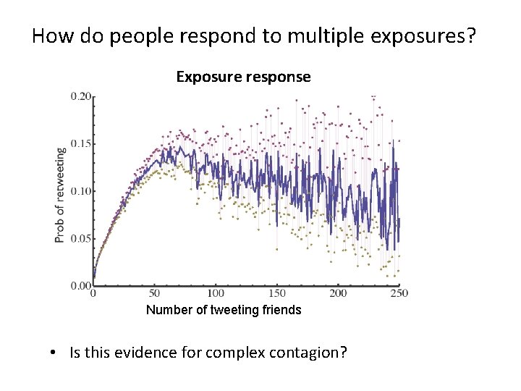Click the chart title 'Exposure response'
click(x=243, y=77)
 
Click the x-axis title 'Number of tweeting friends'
click(x=224, y=310)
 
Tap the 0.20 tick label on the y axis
click(x=80, y=96)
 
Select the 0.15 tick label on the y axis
click(x=80, y=144)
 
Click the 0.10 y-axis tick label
click(x=80, y=191)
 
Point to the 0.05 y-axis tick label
click(x=80, y=238)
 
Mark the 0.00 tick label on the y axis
click(x=80, y=285)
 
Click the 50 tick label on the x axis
click(x=154, y=294)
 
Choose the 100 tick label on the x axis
click(x=216, y=294)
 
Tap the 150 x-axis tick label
click(x=277, y=294)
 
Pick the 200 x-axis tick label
click(x=338, y=294)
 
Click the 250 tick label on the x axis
click(x=399, y=294)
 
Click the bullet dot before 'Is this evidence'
click(x=54, y=353)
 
